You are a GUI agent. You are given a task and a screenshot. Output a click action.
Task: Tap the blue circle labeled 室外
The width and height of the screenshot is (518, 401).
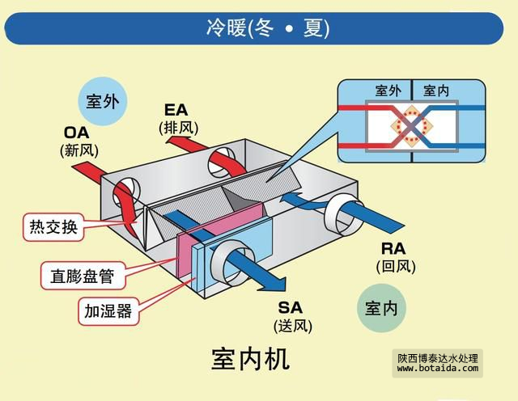pyautogui.click(x=103, y=101)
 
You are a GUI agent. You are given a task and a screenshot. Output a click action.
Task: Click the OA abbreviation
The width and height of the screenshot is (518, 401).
pyautogui.click(x=78, y=133)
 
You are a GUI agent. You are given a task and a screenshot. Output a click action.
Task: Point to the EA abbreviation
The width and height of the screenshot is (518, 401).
pyautogui.click(x=176, y=110)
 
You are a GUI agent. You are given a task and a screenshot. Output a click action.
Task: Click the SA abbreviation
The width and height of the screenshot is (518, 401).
pyautogui.click(x=292, y=308)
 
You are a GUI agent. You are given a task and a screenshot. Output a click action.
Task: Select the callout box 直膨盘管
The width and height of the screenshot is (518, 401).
pyautogui.click(x=78, y=277)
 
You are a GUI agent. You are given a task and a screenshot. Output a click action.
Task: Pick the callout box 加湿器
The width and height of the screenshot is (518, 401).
pyautogui.click(x=107, y=310)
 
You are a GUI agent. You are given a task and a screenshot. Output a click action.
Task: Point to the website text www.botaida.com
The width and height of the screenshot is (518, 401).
pyautogui.click(x=438, y=368)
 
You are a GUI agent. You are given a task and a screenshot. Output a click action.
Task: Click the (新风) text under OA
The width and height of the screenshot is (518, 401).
pyautogui.click(x=79, y=150)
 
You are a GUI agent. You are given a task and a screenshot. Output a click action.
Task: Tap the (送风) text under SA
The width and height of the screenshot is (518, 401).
pyautogui.click(x=292, y=326)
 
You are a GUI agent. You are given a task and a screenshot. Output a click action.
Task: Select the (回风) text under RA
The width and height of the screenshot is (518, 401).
pyautogui.click(x=394, y=265)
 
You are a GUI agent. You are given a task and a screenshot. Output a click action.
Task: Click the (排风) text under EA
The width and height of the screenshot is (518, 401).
pyautogui.click(x=178, y=127)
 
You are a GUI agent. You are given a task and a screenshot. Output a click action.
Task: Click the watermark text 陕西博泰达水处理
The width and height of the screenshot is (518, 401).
pyautogui.click(x=439, y=356)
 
